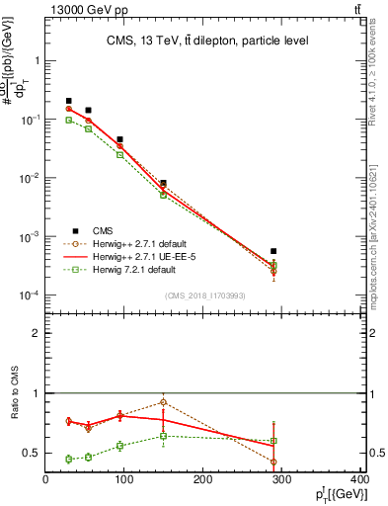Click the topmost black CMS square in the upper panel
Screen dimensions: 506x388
tap(68, 101)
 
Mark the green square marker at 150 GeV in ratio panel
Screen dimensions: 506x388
tap(163, 436)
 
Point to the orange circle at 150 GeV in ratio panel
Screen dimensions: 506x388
tap(163, 402)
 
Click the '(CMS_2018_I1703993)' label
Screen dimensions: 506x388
tap(205, 295)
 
